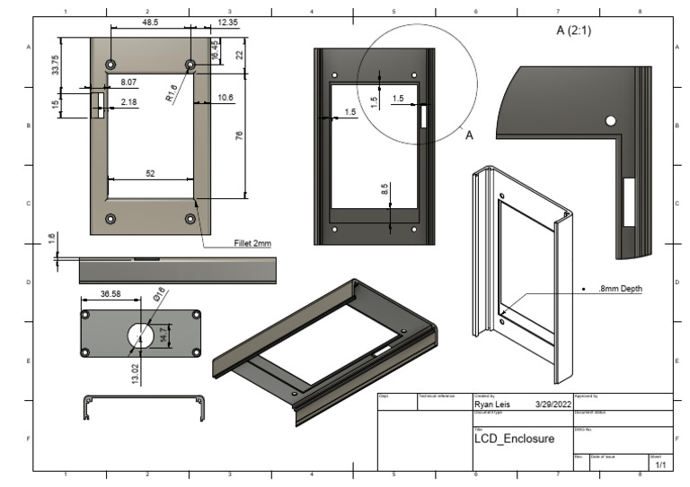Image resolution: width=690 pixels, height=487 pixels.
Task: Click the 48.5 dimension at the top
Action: [x=150, y=22]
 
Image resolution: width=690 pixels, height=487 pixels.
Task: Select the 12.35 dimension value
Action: [x=227, y=22]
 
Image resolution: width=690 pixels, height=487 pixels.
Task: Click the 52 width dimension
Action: [x=150, y=172]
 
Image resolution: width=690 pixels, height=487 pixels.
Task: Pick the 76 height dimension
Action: [x=239, y=135]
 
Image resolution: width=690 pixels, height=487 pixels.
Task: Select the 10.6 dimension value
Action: [x=225, y=97]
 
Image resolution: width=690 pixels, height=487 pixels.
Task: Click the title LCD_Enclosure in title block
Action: [x=514, y=439]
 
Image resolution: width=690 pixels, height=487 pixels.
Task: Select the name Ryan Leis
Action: [x=491, y=404]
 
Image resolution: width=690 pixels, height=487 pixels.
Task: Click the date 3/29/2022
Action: [x=552, y=404]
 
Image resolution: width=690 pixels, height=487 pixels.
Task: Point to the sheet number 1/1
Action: [x=660, y=465]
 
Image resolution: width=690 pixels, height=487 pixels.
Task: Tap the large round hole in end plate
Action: [x=140, y=334]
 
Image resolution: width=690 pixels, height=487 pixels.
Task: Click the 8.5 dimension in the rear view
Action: [x=384, y=190]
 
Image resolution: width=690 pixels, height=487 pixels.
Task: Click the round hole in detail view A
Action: [x=610, y=120]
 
